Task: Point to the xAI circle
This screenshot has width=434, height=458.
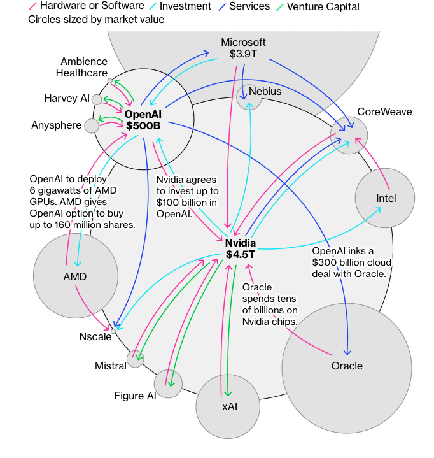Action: (x=228, y=406)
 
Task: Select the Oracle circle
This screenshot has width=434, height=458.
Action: (x=347, y=366)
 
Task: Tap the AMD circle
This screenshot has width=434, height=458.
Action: (x=74, y=276)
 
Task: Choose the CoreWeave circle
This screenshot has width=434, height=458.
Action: (x=349, y=134)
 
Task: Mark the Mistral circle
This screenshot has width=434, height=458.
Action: (x=136, y=359)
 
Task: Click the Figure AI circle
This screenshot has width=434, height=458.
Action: (x=168, y=384)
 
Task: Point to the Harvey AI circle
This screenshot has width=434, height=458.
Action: (x=97, y=99)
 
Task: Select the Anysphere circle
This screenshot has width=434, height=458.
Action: (x=92, y=125)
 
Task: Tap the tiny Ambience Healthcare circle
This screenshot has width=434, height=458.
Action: (x=110, y=81)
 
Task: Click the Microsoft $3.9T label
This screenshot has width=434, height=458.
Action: (x=243, y=48)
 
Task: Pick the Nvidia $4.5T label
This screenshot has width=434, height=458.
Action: (x=241, y=248)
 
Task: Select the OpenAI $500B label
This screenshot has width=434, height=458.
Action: (x=143, y=120)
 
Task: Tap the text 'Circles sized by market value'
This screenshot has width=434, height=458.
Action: (x=96, y=20)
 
